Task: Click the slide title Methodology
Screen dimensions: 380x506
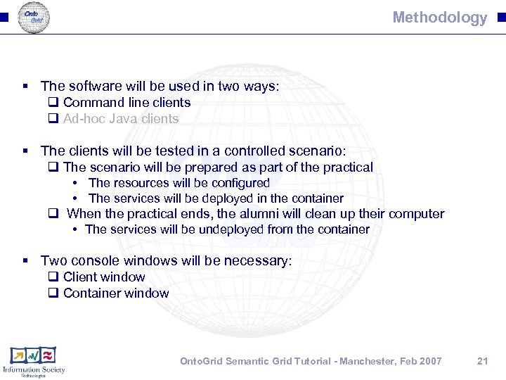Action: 439,18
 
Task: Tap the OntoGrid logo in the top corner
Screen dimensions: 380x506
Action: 33,17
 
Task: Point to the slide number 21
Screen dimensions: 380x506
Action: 482,361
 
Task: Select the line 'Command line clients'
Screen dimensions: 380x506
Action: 126,103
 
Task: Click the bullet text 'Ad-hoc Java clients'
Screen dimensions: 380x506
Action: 121,119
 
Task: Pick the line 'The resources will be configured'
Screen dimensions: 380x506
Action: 179,183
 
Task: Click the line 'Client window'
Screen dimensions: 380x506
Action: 104,277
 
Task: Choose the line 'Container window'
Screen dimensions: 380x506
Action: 116,293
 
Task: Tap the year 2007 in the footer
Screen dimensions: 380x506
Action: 429,361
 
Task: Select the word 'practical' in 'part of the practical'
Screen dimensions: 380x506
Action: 348,167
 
